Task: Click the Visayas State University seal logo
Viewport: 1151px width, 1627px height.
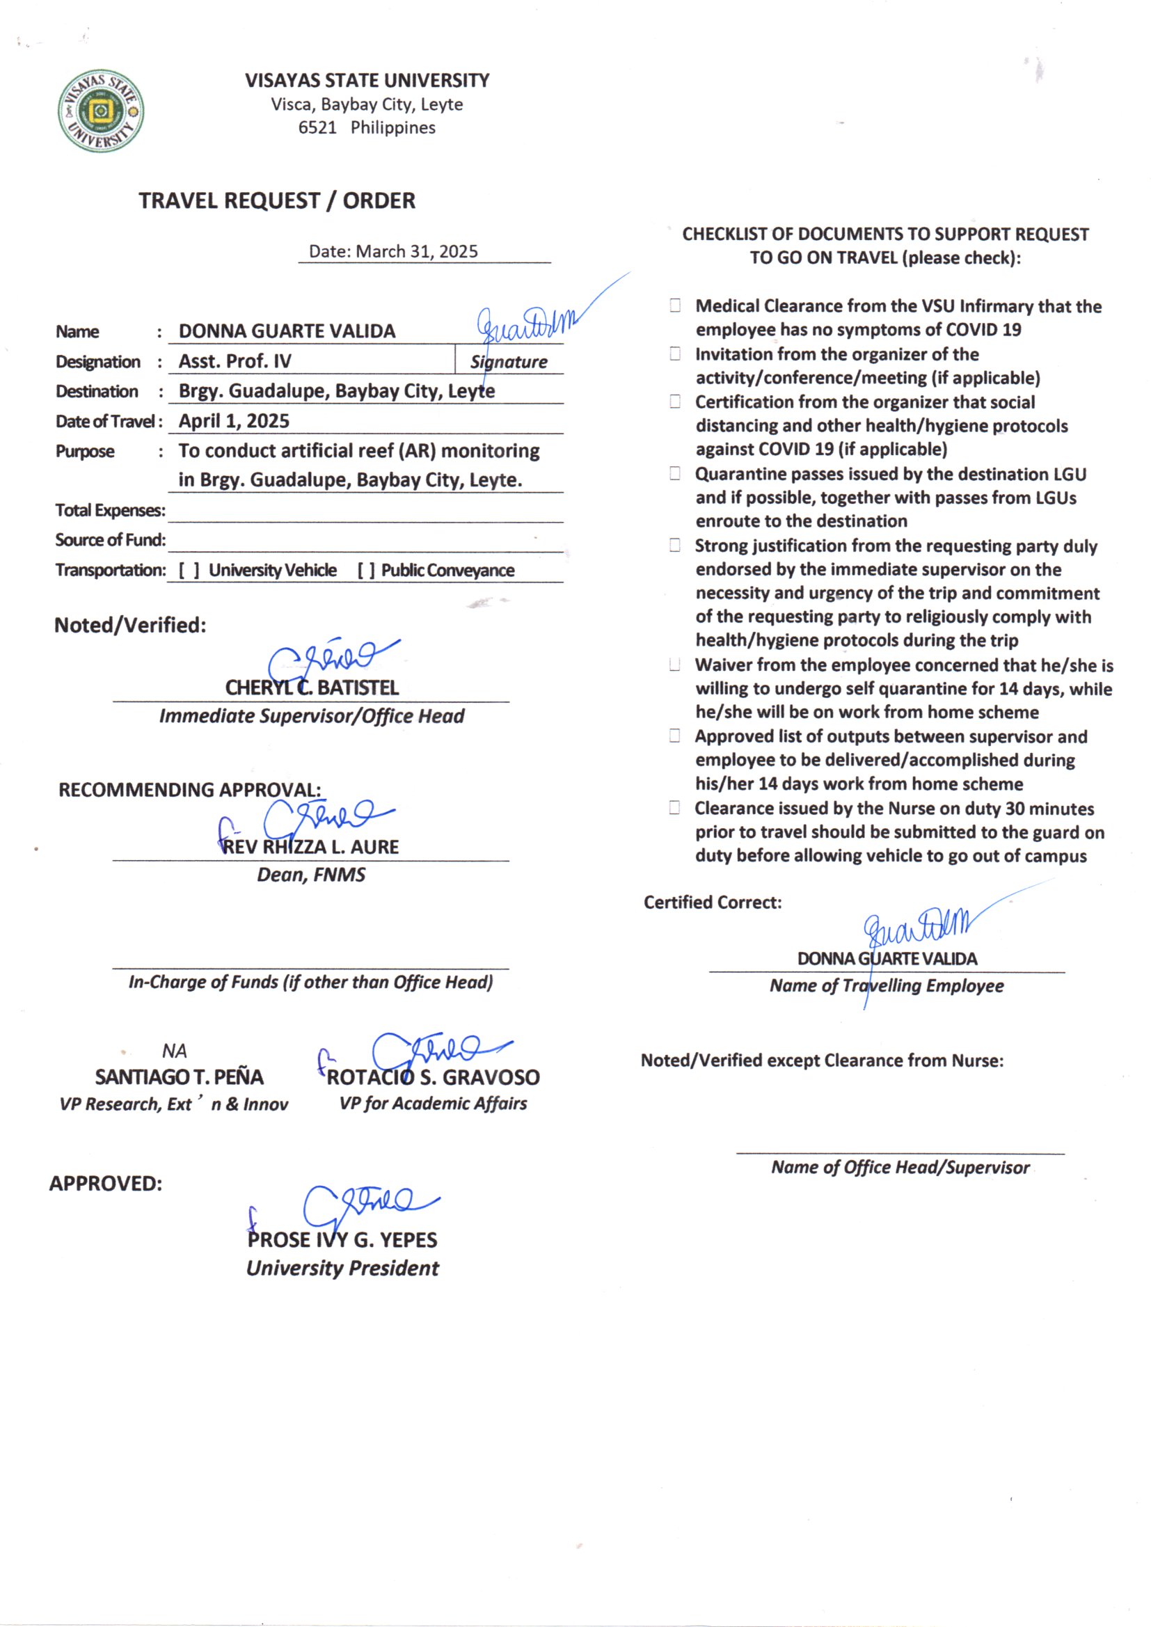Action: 101,111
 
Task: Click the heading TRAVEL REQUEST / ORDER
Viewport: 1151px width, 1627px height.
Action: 276,200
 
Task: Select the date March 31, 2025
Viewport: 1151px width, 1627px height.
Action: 417,251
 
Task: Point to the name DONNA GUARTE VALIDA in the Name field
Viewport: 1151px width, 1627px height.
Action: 286,331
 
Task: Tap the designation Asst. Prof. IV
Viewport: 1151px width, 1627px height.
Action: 235,361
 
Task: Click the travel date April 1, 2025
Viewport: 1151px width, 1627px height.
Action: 234,421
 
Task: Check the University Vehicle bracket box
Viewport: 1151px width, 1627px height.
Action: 189,571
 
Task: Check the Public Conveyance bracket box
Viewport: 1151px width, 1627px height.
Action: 366,571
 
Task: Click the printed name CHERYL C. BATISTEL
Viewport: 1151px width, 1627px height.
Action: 311,688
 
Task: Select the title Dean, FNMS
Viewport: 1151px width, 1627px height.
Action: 310,875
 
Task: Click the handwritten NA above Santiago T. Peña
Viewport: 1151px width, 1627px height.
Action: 175,1051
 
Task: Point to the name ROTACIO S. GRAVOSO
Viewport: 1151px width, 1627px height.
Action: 432,1078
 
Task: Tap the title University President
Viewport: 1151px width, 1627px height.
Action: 342,1269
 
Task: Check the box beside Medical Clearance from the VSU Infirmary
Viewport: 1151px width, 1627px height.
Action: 675,305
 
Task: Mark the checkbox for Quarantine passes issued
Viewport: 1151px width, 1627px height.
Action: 675,473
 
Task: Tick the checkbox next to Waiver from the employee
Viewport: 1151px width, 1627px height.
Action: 675,665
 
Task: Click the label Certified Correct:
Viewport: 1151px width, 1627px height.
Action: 713,902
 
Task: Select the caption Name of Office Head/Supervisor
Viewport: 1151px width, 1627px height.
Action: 900,1167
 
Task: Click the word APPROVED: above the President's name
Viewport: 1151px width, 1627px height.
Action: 106,1184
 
